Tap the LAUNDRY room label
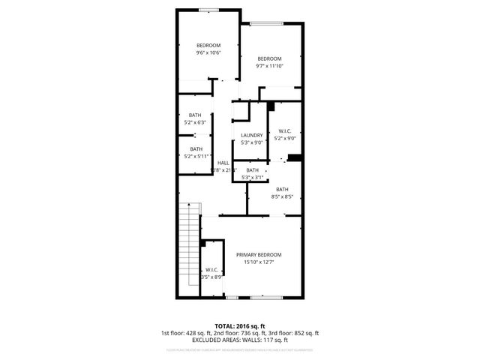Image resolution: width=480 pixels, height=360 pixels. click(x=252, y=135)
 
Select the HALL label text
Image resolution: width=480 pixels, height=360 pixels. click(x=223, y=163)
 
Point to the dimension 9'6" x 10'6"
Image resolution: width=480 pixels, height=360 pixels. click(x=208, y=52)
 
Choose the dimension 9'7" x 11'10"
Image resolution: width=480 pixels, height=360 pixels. click(x=269, y=66)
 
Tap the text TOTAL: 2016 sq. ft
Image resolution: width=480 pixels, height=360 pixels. click(x=239, y=327)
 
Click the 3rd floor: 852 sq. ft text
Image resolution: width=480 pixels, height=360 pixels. click(x=291, y=333)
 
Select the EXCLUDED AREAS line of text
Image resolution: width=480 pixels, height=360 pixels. click(x=239, y=339)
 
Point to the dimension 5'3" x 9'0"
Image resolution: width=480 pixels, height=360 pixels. click(x=252, y=142)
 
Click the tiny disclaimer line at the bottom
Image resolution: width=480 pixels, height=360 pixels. click(x=239, y=349)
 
